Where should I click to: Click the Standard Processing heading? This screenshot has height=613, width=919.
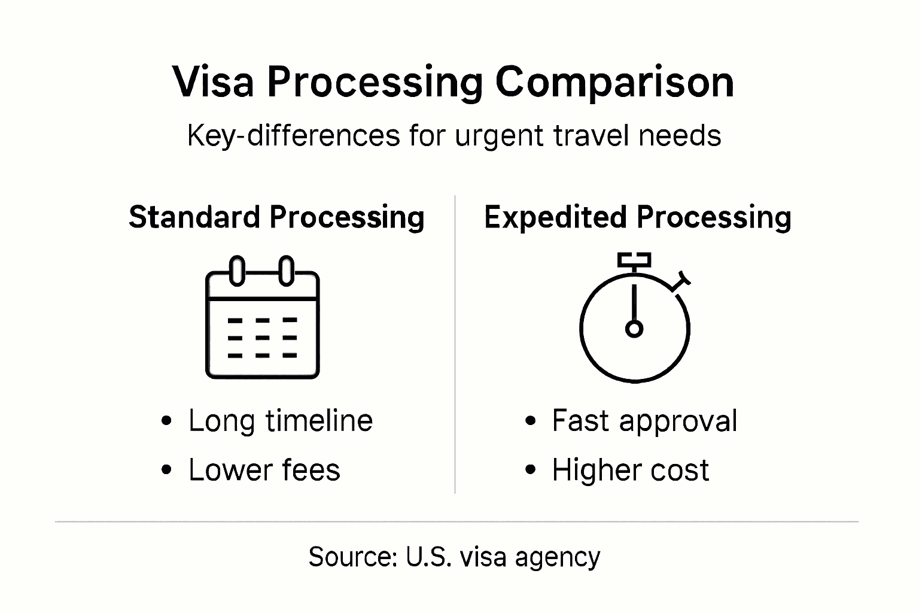tap(276, 217)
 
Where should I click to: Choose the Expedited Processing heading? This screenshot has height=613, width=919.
tap(637, 217)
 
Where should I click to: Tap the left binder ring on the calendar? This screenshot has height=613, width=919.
tap(238, 271)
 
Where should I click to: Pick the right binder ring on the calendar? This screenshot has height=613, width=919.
tap(287, 271)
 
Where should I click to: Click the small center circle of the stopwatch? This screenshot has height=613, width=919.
tap(634, 329)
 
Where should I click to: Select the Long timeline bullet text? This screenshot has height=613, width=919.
tap(281, 420)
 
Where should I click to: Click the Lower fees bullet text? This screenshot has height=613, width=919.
tap(264, 470)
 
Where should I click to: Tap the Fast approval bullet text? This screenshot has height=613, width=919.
tap(644, 420)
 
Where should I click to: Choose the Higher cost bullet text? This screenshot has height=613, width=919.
tap(630, 470)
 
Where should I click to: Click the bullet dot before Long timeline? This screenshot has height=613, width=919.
tap(167, 421)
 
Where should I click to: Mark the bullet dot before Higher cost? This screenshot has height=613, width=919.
tap(530, 471)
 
